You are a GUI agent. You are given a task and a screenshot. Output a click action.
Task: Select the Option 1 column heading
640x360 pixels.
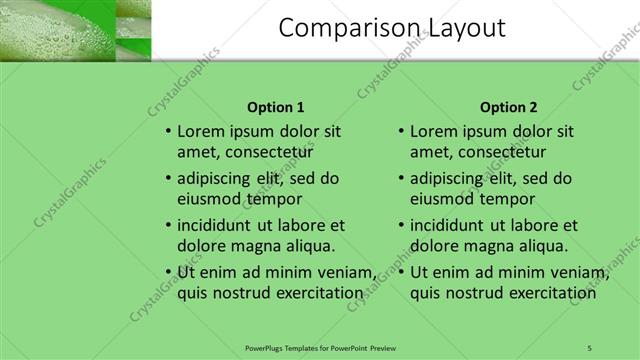[275, 107]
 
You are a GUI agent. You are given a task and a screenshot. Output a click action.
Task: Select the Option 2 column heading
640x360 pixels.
[508, 107]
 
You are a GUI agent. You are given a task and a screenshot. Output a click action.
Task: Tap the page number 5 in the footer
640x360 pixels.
[589, 347]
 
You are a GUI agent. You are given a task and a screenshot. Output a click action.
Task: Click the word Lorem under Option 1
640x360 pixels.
[200, 131]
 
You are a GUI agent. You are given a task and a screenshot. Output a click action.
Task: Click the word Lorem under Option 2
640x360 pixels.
[433, 131]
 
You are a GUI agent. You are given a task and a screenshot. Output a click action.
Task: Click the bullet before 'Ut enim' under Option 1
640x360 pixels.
[168, 272]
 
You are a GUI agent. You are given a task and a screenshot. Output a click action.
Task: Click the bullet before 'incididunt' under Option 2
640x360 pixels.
[401, 225]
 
